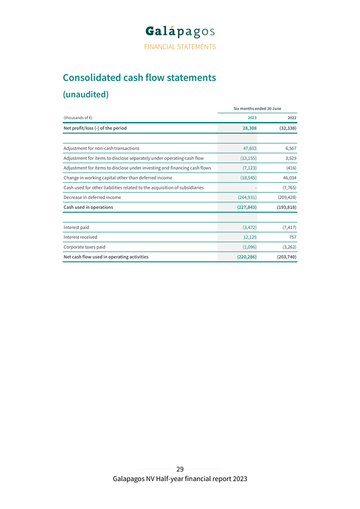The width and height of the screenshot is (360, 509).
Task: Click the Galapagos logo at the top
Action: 180,31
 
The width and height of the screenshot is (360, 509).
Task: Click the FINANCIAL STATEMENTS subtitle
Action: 180,47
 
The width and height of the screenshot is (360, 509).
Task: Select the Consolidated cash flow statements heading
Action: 139,78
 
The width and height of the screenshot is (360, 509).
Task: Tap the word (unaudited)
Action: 85,94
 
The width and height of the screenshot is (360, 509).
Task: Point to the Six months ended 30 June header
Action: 257,108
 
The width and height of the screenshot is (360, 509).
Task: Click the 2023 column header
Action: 252,118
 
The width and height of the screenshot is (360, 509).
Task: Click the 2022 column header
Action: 292,118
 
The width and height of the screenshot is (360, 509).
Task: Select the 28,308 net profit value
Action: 249,128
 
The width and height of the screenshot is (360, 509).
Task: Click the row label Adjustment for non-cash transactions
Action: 101,148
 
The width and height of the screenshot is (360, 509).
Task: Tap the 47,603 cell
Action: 249,148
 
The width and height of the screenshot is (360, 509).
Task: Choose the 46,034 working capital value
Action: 289,178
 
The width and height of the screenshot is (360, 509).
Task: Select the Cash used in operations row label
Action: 88,207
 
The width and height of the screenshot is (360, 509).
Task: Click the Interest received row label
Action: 80,237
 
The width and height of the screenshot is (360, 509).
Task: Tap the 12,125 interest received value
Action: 249,237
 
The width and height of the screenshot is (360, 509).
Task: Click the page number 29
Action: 180,469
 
